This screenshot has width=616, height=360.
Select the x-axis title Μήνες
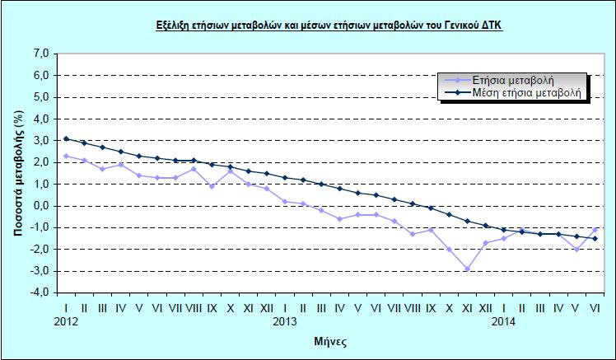pos(329,339)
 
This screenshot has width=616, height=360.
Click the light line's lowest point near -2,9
pos(468,269)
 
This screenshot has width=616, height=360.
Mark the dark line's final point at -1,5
pos(595,239)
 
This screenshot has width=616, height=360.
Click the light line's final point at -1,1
pos(595,230)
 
